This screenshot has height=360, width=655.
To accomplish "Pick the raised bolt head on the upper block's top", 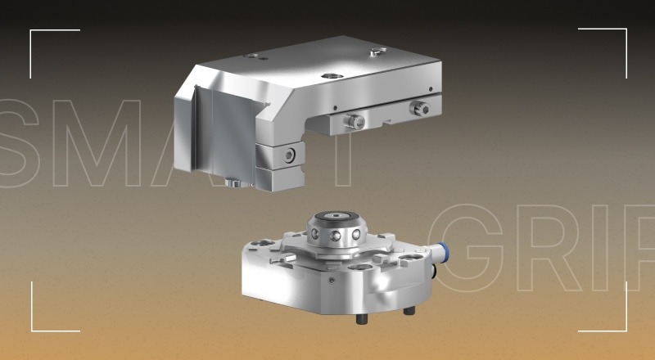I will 376,52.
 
